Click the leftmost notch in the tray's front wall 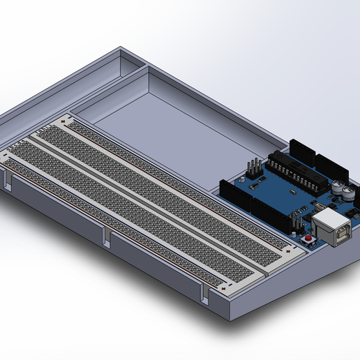pos(8,183)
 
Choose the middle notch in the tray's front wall pos(107,238)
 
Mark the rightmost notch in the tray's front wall pos(205,295)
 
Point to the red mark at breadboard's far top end pos(64,123)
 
